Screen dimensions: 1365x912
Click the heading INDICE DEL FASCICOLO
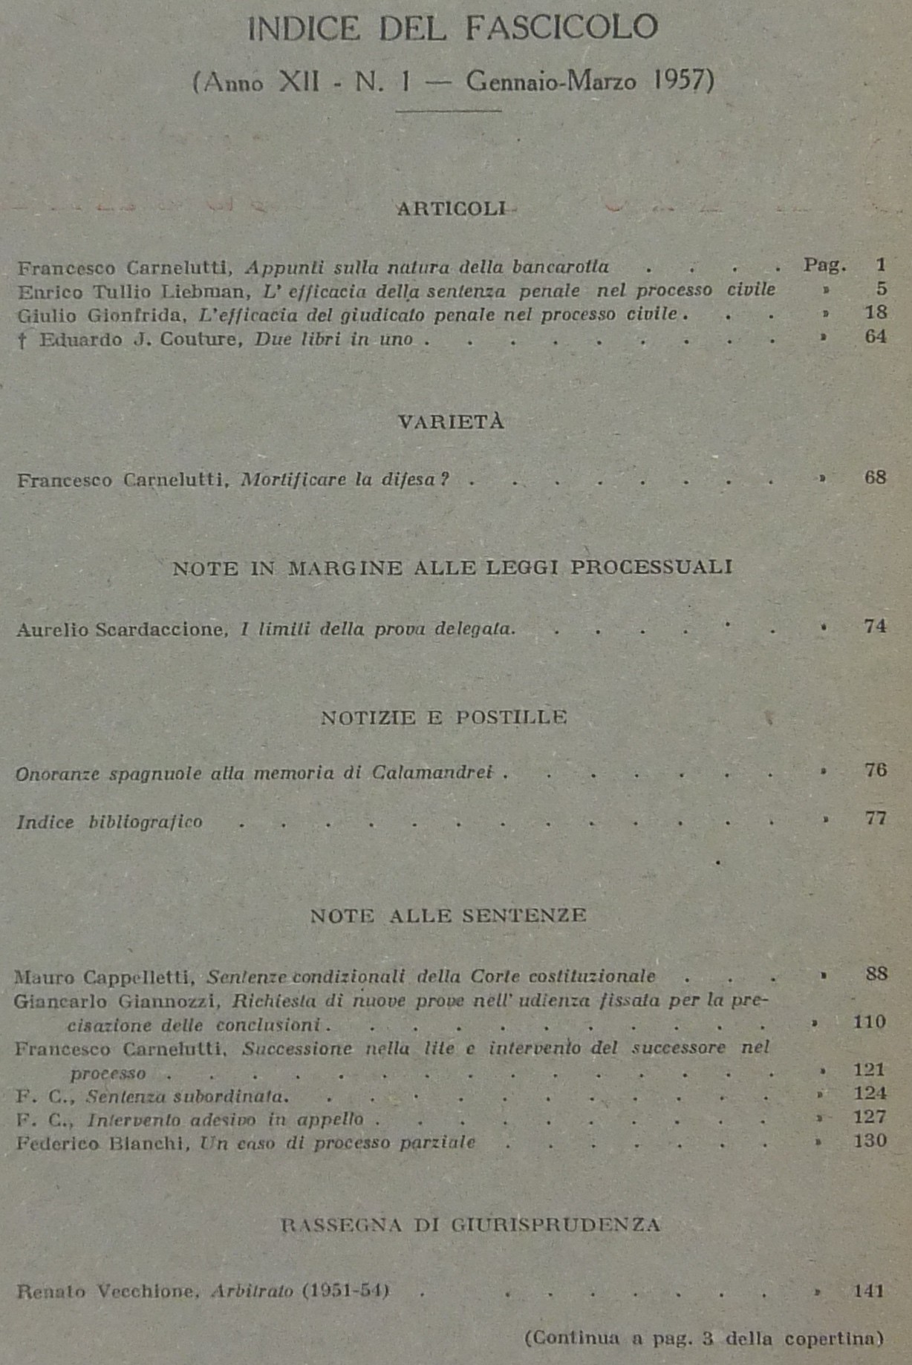(x=452, y=29)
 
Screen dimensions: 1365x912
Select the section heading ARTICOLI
(x=451, y=209)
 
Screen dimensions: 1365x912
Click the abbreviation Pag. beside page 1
(x=824, y=265)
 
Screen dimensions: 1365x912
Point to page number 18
(x=876, y=312)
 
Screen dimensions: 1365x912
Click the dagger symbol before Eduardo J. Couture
(x=24, y=341)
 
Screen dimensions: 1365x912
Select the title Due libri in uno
(x=333, y=340)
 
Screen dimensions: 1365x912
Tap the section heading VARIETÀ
(x=451, y=422)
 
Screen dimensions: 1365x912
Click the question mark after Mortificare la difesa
(x=443, y=479)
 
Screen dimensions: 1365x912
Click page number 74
(x=875, y=626)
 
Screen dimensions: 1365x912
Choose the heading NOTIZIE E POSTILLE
(x=444, y=718)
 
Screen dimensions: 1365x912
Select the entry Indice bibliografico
(x=109, y=822)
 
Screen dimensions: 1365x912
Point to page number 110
(x=869, y=1022)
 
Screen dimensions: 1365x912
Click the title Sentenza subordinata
(x=187, y=1096)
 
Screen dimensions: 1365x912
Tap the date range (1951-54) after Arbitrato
(x=345, y=1292)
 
